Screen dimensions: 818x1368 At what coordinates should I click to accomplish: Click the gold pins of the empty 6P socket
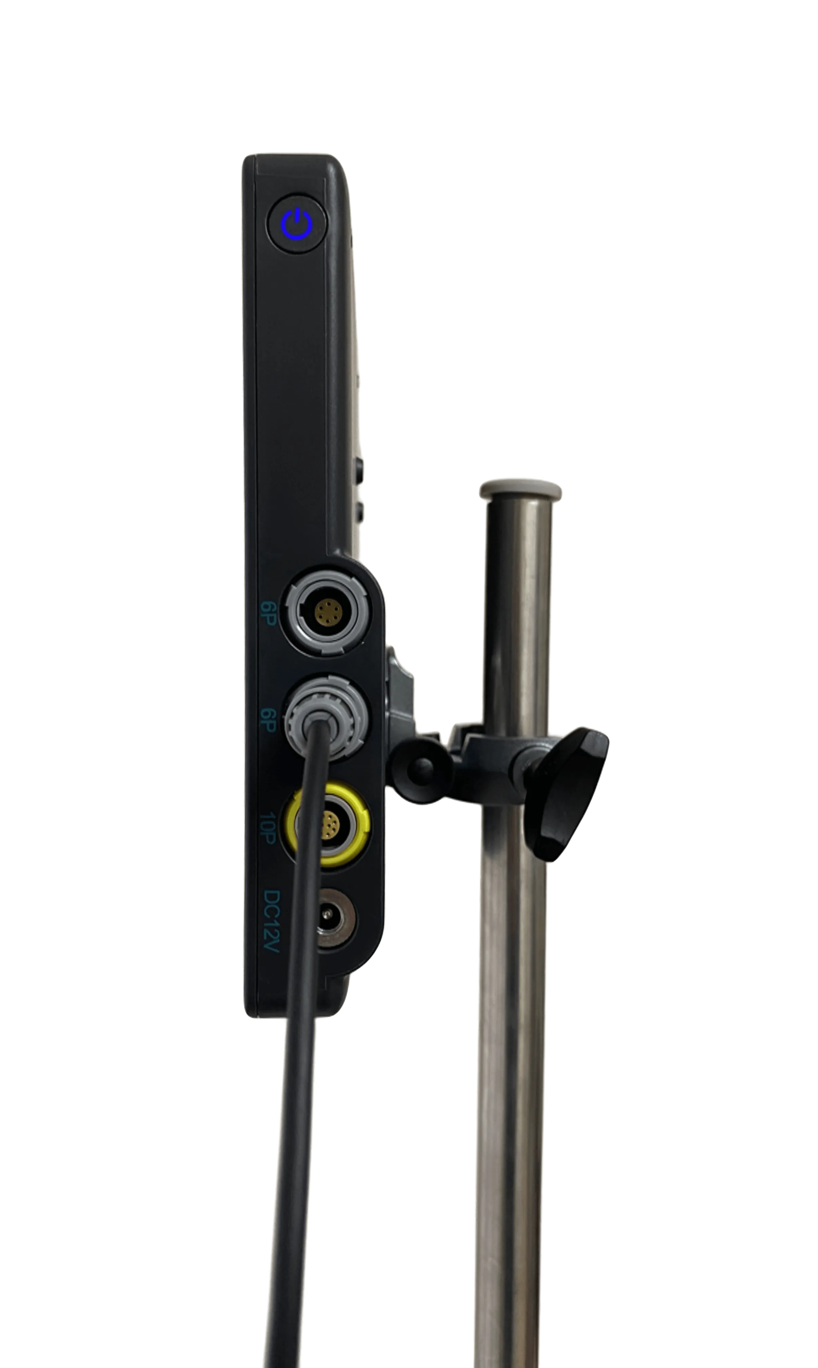[327, 611]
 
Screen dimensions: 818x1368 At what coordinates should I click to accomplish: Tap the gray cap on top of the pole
[520, 490]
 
